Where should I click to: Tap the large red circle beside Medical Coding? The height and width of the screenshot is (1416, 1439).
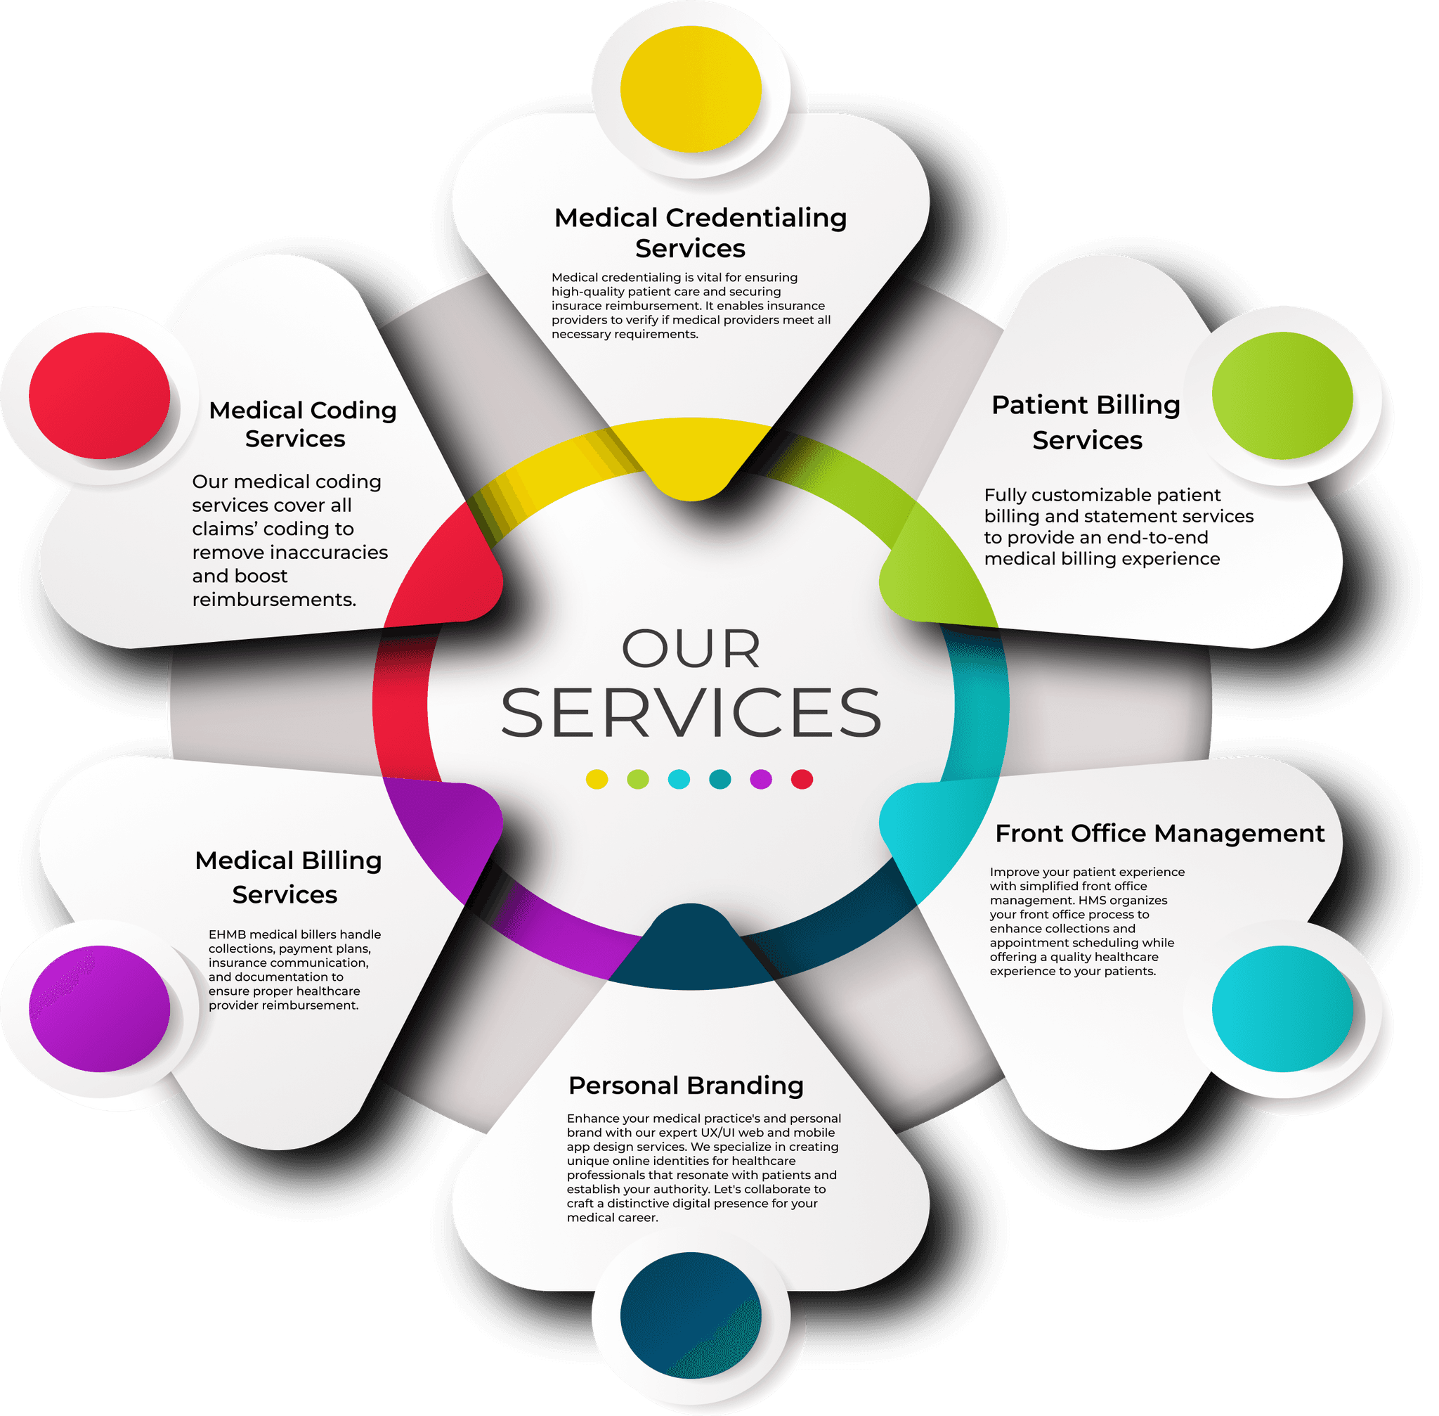pyautogui.click(x=100, y=395)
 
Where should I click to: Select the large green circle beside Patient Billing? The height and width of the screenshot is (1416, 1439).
pyautogui.click(x=1282, y=395)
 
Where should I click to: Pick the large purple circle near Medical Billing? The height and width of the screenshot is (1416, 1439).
pyautogui.click(x=100, y=1008)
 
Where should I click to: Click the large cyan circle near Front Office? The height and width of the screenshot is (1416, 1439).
pyautogui.click(x=1282, y=1008)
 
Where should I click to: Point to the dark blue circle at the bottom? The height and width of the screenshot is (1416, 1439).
pyautogui.click(x=691, y=1314)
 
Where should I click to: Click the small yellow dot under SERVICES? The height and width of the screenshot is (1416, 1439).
pyautogui.click(x=597, y=780)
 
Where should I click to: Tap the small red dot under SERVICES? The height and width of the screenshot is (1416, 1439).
pyautogui.click(x=802, y=780)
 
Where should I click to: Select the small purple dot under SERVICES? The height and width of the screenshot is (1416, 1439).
pyautogui.click(x=761, y=780)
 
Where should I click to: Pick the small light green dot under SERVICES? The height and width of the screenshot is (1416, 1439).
pyautogui.click(x=638, y=780)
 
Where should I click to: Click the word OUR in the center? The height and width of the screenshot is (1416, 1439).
pyautogui.click(x=691, y=649)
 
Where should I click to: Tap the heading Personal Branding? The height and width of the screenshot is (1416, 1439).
pyautogui.click(x=685, y=1086)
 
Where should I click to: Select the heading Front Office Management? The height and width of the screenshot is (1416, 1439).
pyautogui.click(x=1159, y=834)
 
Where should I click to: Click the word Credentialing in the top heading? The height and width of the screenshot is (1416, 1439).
pyautogui.click(x=756, y=218)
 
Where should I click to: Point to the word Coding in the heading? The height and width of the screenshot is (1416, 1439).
pyautogui.click(x=353, y=411)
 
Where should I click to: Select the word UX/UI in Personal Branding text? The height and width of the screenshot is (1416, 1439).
pyautogui.click(x=717, y=1133)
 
